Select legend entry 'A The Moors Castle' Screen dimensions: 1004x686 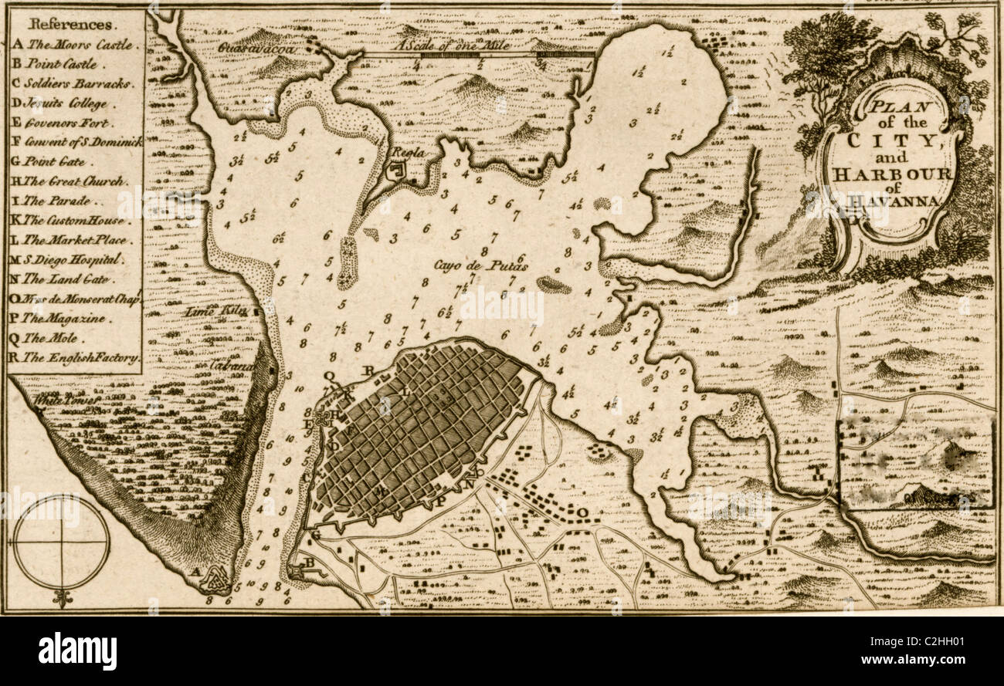(76, 45)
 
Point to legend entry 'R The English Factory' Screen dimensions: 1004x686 (76, 358)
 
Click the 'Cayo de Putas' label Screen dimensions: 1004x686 (480, 266)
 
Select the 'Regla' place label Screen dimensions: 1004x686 (409, 152)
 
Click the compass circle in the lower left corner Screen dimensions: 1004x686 (61, 542)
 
